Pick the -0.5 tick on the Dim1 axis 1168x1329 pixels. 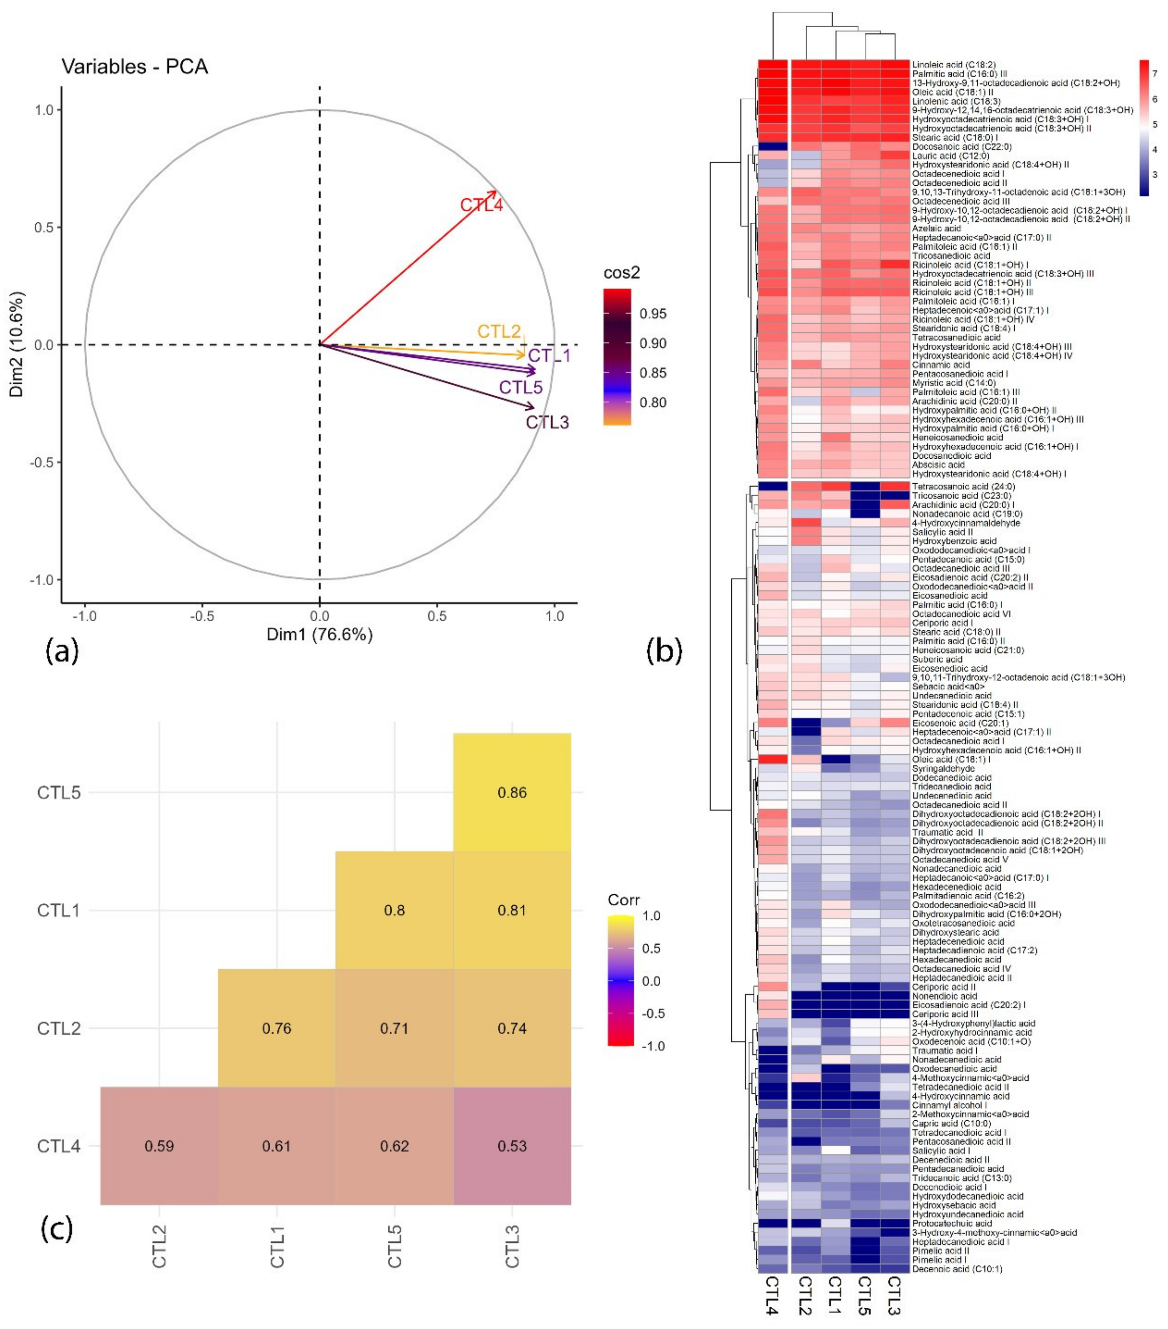pos(202,616)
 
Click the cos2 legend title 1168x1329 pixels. pos(621,273)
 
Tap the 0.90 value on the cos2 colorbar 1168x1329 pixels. pos(653,343)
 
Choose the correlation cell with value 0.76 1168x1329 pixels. pos(276,1028)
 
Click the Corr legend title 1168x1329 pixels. pos(623,900)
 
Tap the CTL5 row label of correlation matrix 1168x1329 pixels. pos(59,792)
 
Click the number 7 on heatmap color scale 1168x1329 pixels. pos(1154,74)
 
